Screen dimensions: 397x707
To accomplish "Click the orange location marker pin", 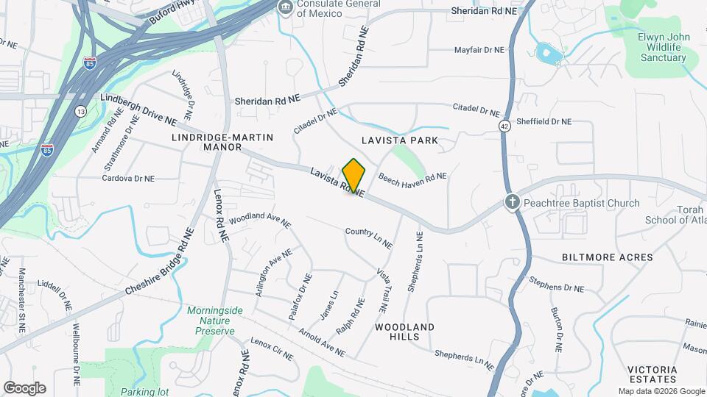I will coord(353,176).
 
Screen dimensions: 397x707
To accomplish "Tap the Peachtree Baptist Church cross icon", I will coord(513,202).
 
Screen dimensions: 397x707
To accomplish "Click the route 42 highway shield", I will coord(504,126).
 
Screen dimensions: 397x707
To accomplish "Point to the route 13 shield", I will coord(80,110).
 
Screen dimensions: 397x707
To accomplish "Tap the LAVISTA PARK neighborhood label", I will coord(400,140).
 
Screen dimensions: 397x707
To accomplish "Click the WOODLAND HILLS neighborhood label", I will coord(404,332).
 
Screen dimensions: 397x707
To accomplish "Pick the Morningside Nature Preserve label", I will coord(214,321).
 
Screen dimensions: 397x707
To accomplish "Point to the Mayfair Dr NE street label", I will coord(479,50).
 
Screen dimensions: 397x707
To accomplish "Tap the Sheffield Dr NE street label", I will coord(544,121).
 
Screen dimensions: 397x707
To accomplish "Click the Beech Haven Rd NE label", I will coord(412,176).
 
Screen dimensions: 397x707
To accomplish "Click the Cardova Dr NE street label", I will coord(128,178).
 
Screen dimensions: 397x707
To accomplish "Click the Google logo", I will coord(24,388).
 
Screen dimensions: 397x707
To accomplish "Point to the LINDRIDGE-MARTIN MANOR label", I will coord(212,142).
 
